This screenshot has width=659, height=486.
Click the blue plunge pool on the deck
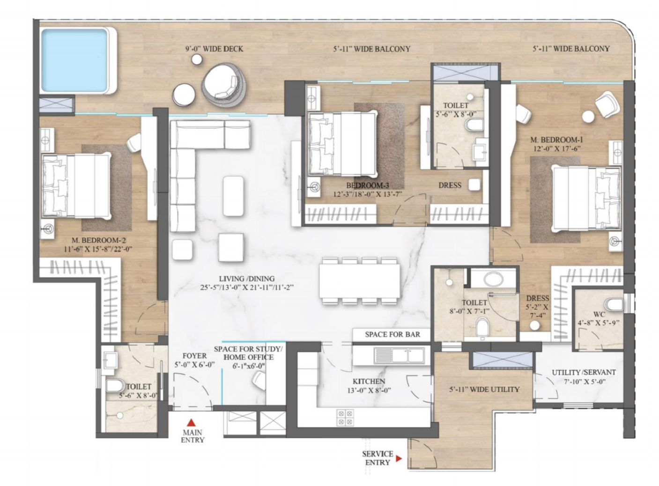click(x=74, y=60)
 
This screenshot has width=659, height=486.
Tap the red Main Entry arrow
click(x=192, y=422)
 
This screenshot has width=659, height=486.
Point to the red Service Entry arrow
click(x=399, y=459)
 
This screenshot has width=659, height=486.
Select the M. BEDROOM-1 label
click(x=557, y=140)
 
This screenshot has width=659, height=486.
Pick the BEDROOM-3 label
click(x=368, y=185)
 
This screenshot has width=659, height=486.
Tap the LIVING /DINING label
click(x=247, y=279)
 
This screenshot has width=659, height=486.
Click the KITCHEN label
click(x=369, y=381)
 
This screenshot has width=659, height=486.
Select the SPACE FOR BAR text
click(x=392, y=334)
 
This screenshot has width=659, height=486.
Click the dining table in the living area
click(x=360, y=281)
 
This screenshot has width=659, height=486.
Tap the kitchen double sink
click(x=399, y=355)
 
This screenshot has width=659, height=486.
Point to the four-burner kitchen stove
click(x=345, y=417)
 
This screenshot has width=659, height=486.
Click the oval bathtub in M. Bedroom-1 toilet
click(x=493, y=279)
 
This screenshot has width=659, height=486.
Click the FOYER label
click(x=195, y=355)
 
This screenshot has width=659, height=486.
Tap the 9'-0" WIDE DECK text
click(x=214, y=49)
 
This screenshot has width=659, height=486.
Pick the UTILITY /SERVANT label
click(x=584, y=372)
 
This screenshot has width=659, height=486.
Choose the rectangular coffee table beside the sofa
click(x=233, y=196)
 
